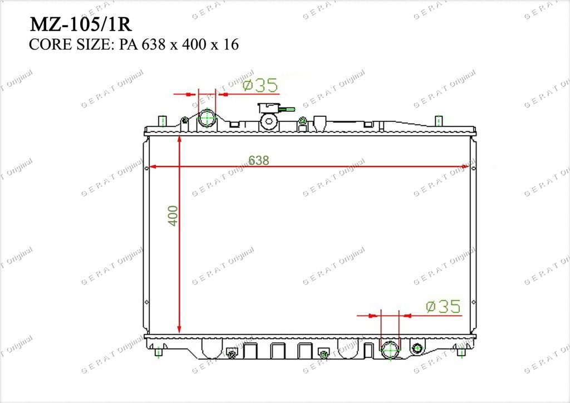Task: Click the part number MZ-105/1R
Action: click(80, 24)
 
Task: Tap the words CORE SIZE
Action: click(68, 45)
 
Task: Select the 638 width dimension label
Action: click(258, 160)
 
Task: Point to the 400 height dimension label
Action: click(173, 215)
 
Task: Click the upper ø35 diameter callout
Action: click(261, 85)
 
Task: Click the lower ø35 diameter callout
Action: click(443, 306)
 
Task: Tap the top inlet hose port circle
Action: click(207, 118)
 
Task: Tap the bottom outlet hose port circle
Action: click(390, 350)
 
